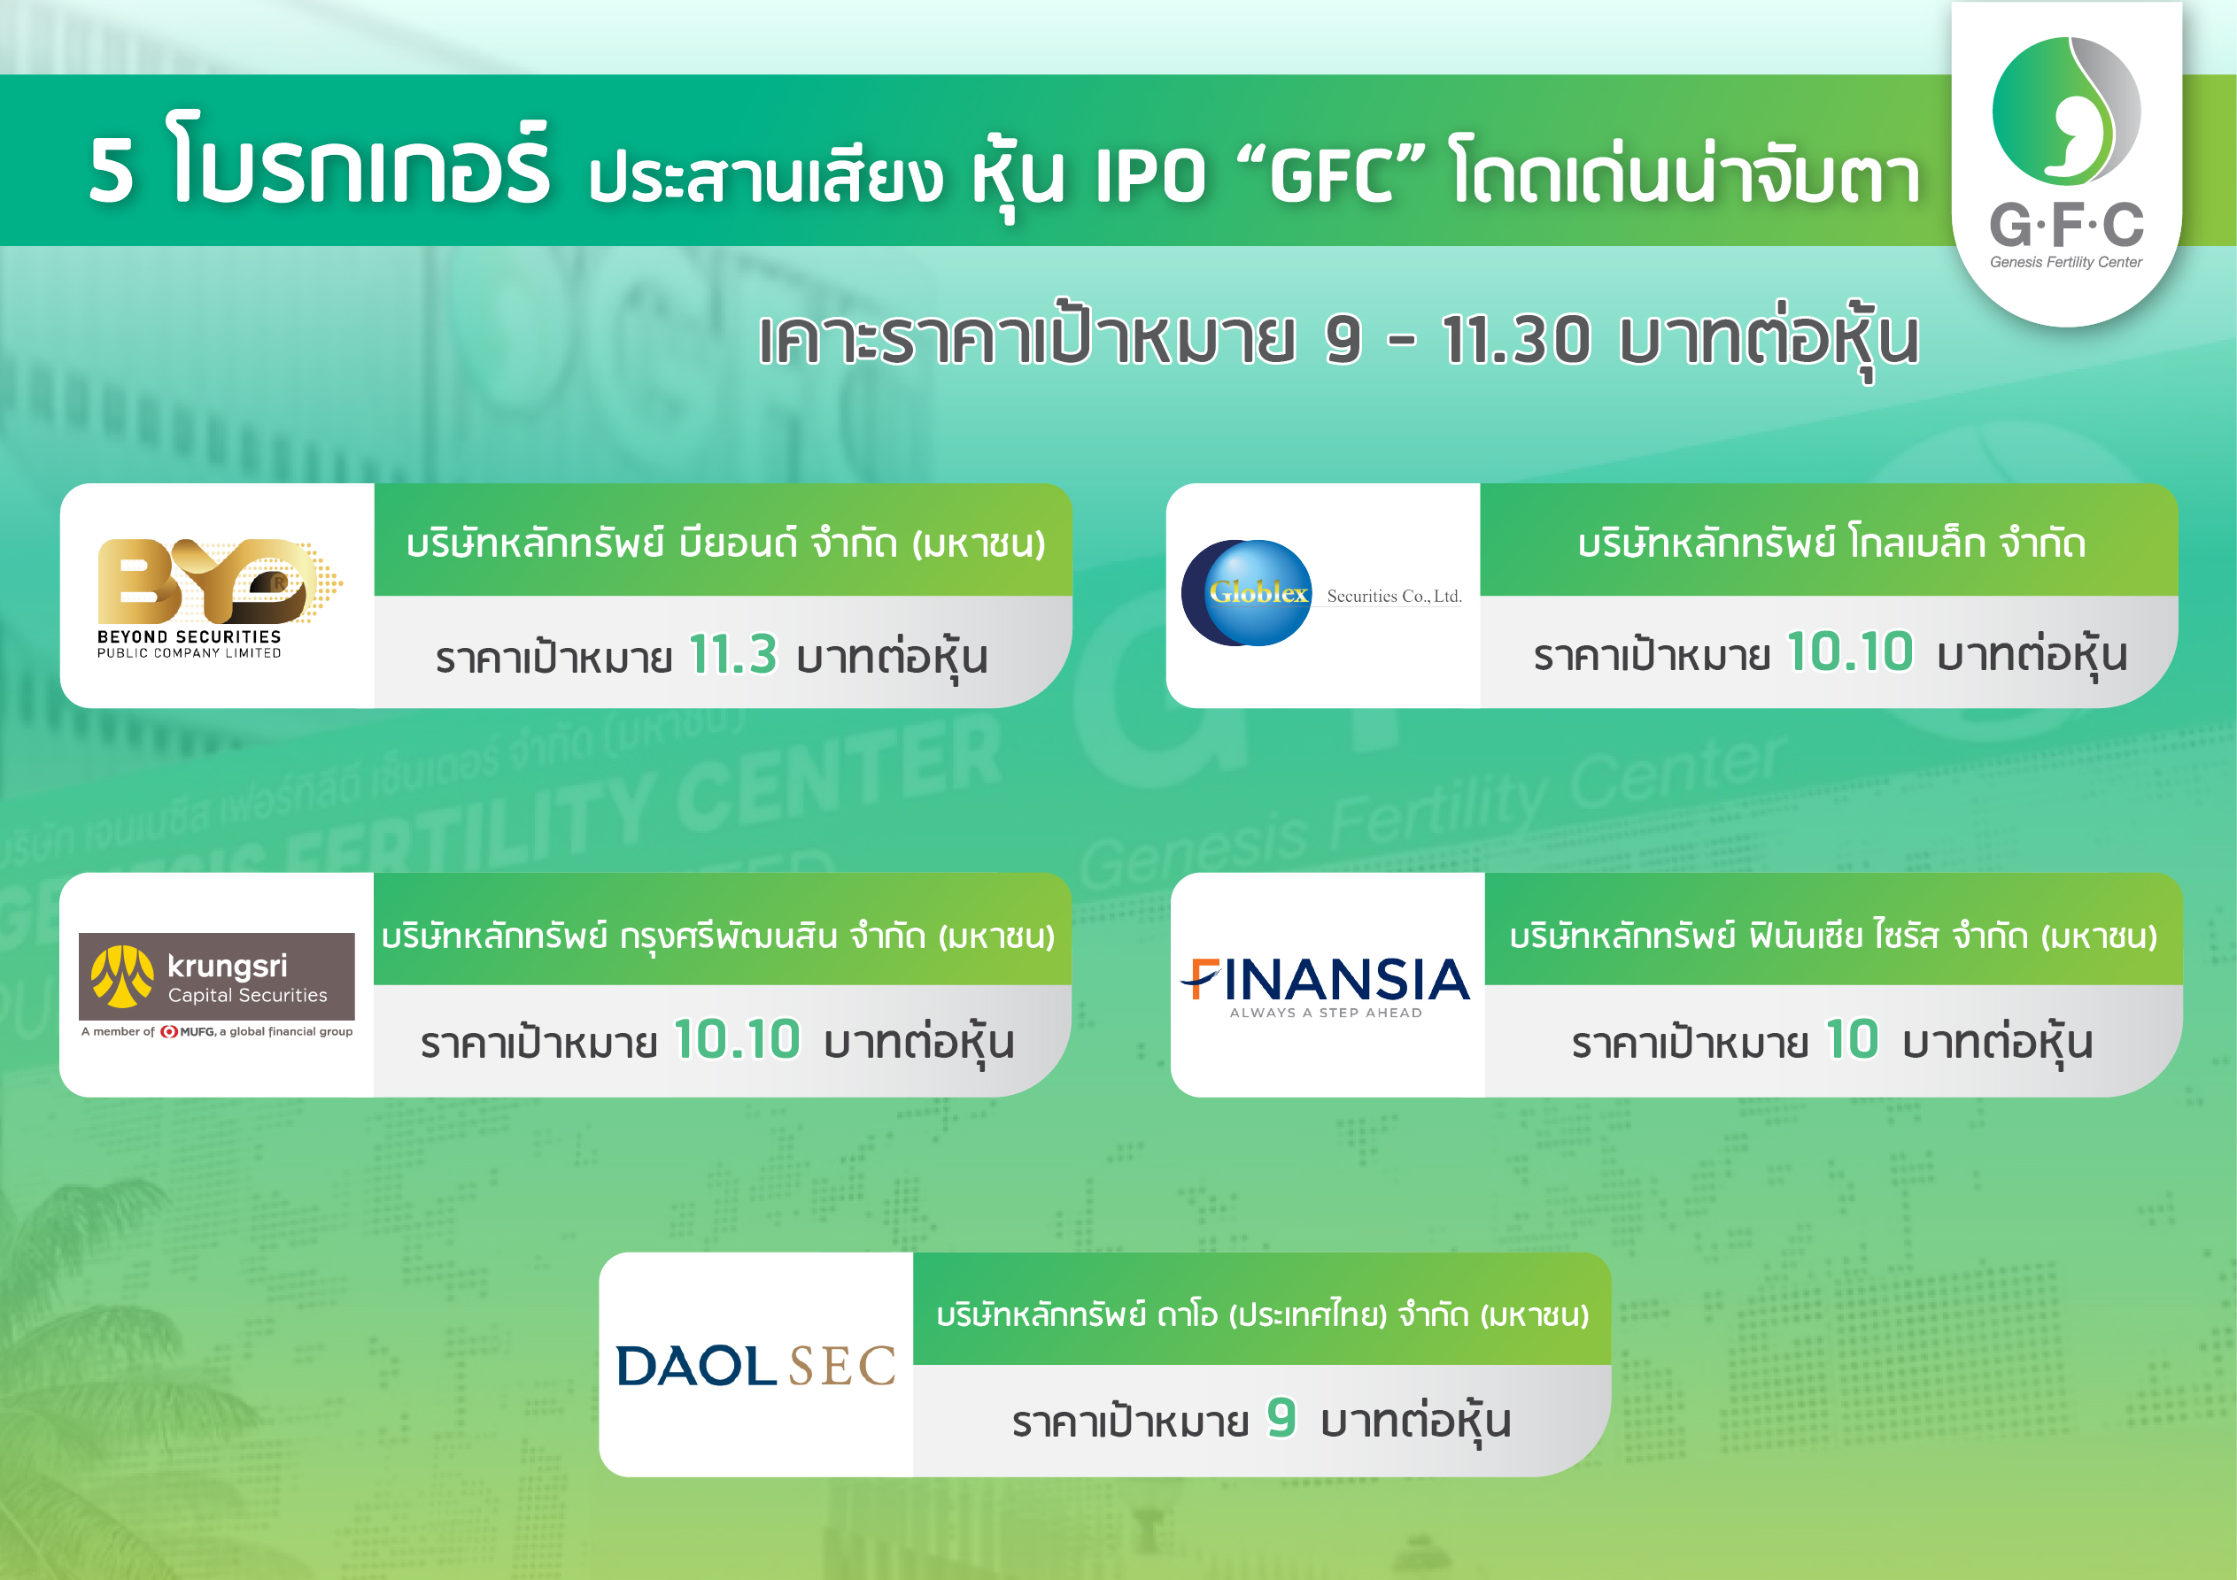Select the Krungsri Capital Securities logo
216,977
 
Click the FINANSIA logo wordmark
1326,980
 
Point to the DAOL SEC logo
755,1366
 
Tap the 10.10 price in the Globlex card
1849,651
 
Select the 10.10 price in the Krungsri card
737,1039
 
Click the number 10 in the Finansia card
1851,1039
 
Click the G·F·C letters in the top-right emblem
2065,226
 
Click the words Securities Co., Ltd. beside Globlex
1393,597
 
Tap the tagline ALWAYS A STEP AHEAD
1325,1014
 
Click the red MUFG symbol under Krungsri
169,1031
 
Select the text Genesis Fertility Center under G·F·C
2065,262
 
